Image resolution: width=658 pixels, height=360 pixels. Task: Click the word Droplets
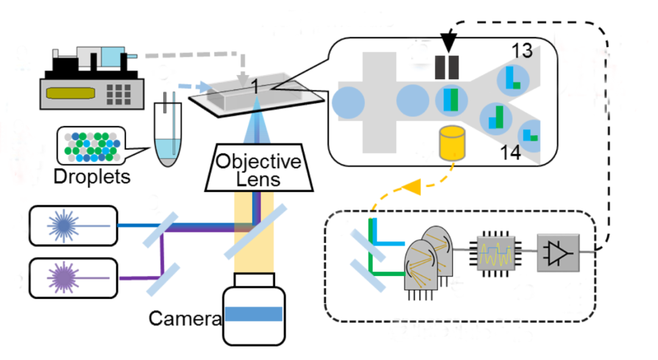91,177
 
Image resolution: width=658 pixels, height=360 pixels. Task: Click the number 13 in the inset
522,52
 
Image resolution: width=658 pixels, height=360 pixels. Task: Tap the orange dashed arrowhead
413,188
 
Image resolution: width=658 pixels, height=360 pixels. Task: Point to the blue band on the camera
253,314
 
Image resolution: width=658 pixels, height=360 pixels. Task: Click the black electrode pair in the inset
447,68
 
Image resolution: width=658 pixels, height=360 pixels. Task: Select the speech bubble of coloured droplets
90,146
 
